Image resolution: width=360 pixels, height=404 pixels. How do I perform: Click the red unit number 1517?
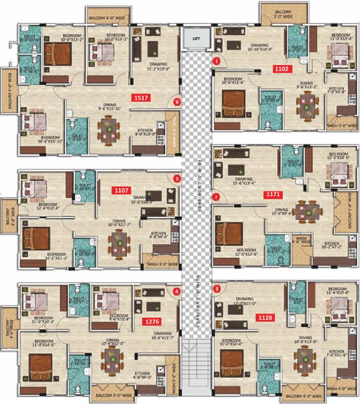pyautogui.click(x=141, y=97)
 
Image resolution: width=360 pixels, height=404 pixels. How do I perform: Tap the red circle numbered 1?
pyautogui.click(x=216, y=61)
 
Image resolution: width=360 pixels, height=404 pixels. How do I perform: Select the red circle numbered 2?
pyautogui.click(x=216, y=198)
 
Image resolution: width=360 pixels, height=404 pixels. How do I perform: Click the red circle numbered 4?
pyautogui.click(x=177, y=290)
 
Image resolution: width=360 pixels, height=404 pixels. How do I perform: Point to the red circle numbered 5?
pyautogui.click(x=177, y=179)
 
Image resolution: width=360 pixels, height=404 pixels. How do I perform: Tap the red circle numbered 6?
pyautogui.click(x=177, y=102)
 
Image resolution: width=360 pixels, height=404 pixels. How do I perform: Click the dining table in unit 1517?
pyautogui.click(x=111, y=129)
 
